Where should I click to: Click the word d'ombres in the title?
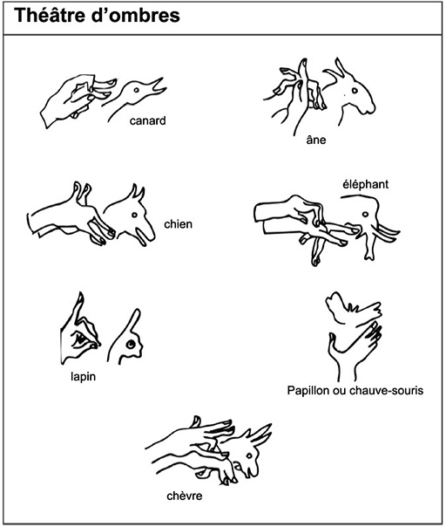(x=136, y=16)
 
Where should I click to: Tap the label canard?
(x=148, y=121)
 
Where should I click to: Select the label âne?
(x=316, y=139)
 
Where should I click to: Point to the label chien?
(x=179, y=224)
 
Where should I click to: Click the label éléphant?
(x=366, y=184)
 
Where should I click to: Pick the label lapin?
(x=84, y=377)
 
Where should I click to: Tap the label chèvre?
(x=185, y=496)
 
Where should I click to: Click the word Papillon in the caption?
(x=308, y=391)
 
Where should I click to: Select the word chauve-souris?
(x=386, y=391)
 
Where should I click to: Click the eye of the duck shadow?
(x=136, y=91)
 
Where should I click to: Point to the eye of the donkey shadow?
(x=355, y=91)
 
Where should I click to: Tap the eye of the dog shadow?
(x=134, y=216)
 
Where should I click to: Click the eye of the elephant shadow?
(x=365, y=215)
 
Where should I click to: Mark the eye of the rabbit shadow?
(x=130, y=344)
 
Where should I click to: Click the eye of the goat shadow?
(x=249, y=455)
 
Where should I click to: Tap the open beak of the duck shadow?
(x=159, y=87)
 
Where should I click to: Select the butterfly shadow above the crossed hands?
(x=354, y=309)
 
